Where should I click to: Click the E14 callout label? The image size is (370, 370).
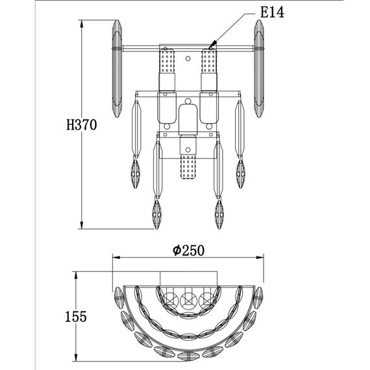[x=272, y=12]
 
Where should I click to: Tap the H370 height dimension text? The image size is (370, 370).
[x=82, y=125]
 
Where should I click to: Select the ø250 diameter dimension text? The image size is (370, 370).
[x=188, y=251]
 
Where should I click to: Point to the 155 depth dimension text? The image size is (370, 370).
[x=76, y=316]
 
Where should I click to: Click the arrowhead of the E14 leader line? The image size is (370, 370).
[x=213, y=45]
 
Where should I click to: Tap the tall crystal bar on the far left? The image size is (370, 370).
[x=117, y=69]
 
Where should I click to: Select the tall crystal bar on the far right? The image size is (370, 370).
[x=259, y=69]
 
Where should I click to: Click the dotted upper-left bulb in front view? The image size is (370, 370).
[x=167, y=60]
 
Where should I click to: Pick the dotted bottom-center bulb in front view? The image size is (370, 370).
[x=188, y=167]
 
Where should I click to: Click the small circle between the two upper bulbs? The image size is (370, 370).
[x=188, y=58]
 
